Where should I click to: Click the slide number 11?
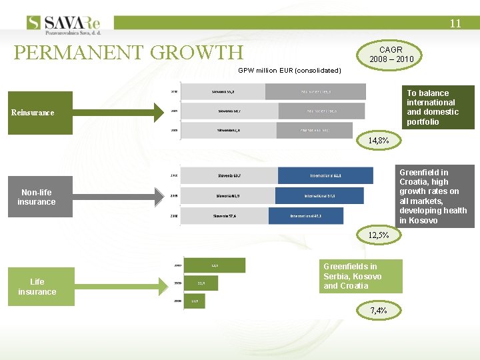click(x=455, y=23)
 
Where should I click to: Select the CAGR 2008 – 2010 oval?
click(x=391, y=54)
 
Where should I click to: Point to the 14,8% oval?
click(x=378, y=141)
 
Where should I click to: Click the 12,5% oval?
click(x=383, y=235)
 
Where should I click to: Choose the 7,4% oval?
click(x=378, y=310)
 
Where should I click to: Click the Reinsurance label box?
click(x=33, y=112)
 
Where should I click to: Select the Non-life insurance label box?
click(x=37, y=197)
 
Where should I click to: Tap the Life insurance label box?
click(x=37, y=287)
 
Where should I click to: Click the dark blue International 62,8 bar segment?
click(x=325, y=175)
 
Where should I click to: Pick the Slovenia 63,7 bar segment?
click(x=229, y=175)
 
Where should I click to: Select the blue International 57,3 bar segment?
click(x=319, y=196)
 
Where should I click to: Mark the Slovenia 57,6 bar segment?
click(x=225, y=216)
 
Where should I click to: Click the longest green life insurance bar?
click(x=214, y=265)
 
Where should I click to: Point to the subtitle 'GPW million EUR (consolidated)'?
click(x=289, y=70)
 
